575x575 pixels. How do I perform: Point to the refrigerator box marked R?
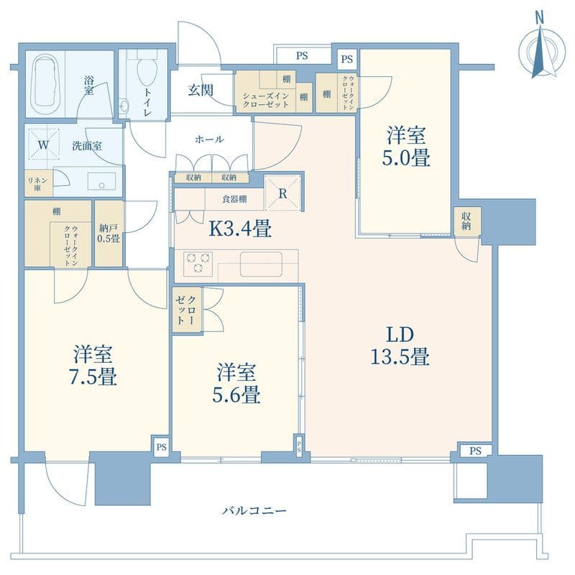[x=282, y=192]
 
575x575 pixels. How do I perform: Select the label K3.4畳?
[x=239, y=229]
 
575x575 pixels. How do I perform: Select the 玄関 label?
[x=201, y=91]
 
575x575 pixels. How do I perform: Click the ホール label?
[x=209, y=139]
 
